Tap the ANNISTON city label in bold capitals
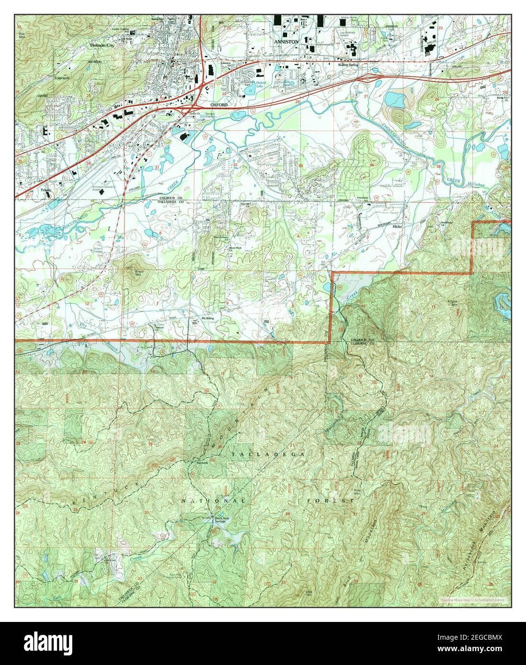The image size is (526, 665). click(286, 42)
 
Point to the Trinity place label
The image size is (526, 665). click(46, 190)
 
